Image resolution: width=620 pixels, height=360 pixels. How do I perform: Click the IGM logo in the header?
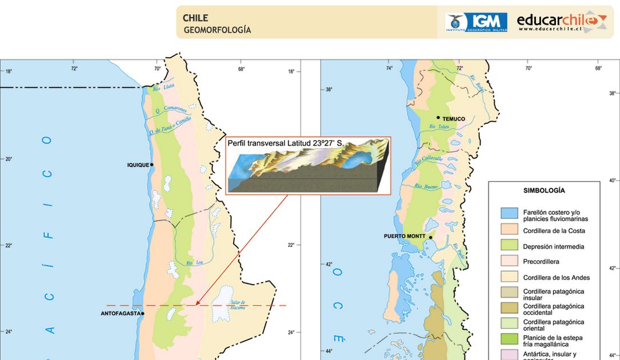click(476, 22)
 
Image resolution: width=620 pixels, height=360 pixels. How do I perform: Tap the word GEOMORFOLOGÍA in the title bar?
click(217, 30)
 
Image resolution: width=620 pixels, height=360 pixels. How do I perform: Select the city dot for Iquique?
click(153, 165)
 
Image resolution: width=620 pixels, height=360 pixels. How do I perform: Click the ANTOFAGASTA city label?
click(120, 314)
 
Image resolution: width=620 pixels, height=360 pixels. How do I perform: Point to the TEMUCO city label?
click(454, 119)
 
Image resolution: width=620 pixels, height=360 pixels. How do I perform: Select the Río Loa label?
click(195, 263)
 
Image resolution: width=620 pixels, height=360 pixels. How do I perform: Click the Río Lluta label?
click(165, 87)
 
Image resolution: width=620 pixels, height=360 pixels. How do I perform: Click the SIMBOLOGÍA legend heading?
click(544, 191)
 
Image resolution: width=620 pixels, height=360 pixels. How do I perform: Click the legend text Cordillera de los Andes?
click(556, 278)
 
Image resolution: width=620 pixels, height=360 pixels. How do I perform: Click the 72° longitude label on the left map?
click(74, 69)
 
